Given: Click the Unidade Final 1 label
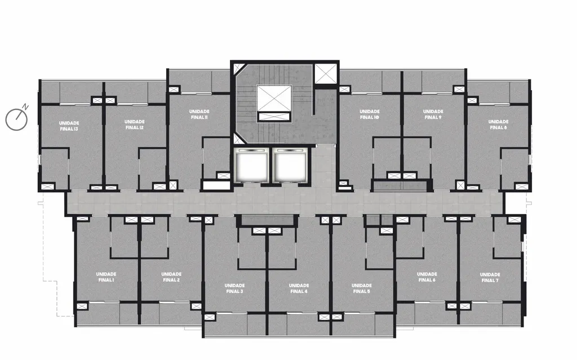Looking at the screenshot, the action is coord(106,277).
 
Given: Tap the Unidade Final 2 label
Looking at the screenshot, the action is coord(171,277).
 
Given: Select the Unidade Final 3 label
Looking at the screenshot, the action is coord(234,288).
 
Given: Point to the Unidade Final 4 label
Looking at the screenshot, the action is coord(299,288).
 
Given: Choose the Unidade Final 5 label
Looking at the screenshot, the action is coord(361,288).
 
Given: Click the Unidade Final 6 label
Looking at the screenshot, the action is coord(427,277).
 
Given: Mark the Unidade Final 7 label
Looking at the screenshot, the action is coord(490,278).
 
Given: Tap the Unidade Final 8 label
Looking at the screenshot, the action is coord(498,125).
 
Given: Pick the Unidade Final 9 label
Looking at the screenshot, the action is coord(433,114).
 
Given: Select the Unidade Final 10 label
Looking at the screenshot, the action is coord(370,114).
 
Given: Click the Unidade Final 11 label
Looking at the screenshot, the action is coord(199,114).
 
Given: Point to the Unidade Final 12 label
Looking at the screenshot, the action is coord(134,125).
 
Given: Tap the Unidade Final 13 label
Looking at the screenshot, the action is coord(69,126).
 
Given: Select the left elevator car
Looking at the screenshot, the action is coord(252,166).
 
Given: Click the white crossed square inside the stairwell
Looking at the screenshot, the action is coord(274,98).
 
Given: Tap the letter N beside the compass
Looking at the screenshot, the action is coord(26,107).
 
